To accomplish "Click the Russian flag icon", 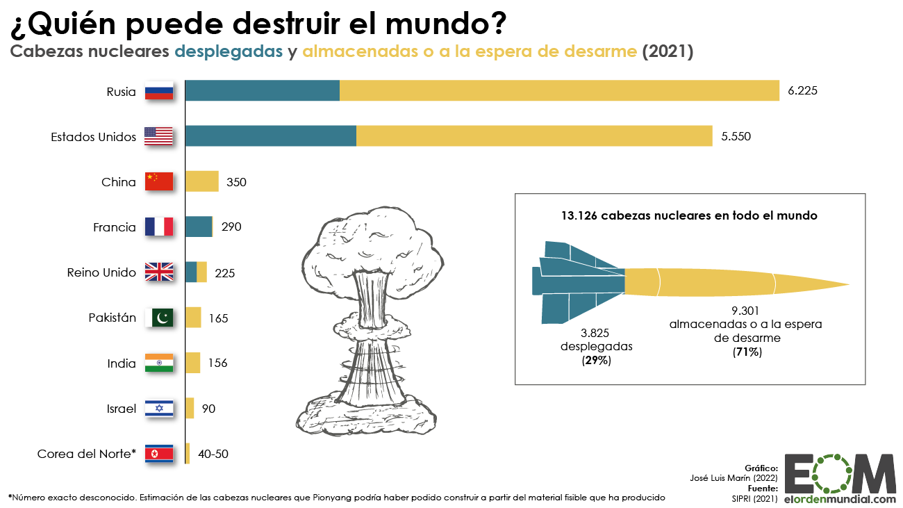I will [158, 91].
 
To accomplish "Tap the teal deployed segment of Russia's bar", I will [263, 91].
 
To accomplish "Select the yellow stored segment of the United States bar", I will [533, 136].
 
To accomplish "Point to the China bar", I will [201, 181].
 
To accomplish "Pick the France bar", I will [199, 227].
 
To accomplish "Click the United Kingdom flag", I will [158, 272].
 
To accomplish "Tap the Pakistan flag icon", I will [158, 318].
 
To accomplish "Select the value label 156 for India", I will [217, 363].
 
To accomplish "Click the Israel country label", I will [121, 409].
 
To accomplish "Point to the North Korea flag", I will [158, 454].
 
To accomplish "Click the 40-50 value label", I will [213, 454].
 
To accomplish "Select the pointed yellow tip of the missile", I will [834, 284].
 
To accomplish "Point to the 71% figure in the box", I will [747, 352].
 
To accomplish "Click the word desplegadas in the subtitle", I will [229, 51].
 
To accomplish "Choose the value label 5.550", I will [736, 136].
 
